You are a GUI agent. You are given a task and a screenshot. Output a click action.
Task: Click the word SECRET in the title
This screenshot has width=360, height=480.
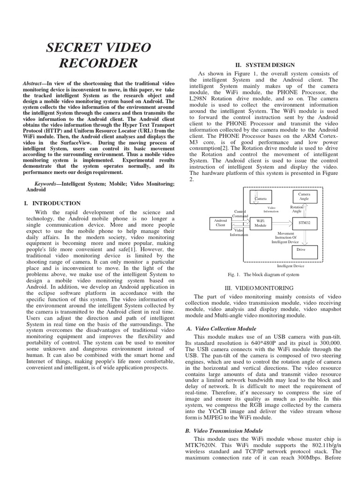click(75, 47)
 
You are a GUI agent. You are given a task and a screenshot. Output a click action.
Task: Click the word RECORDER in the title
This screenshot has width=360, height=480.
click(99, 63)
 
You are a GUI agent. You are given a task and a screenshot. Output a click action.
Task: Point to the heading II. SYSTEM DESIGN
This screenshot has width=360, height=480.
click(265, 65)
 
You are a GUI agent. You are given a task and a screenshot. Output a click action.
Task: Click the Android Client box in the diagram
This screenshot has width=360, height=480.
click(220, 222)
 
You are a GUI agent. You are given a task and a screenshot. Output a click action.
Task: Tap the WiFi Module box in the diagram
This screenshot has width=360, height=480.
click(260, 222)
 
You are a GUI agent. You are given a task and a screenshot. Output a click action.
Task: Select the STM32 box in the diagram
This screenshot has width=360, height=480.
click(304, 223)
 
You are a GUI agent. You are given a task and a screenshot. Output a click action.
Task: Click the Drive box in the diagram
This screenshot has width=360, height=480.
click(304, 250)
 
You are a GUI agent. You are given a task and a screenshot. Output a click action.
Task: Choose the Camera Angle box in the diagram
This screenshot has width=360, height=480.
click(304, 196)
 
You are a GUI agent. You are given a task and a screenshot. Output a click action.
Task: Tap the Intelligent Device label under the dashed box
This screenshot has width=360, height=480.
click(291, 265)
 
